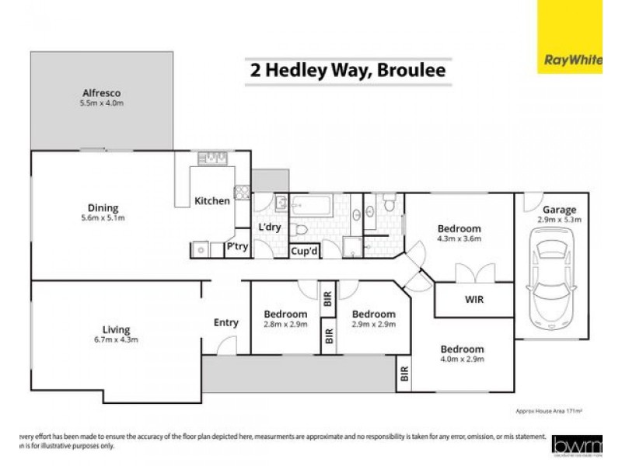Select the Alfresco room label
102,91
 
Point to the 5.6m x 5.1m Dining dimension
103,218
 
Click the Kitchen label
211,201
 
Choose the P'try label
236,248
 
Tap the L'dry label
269,228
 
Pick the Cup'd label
302,251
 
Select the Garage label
559,210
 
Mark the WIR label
474,299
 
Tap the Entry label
226,323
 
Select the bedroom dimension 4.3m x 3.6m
459,239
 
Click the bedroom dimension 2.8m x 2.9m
285,324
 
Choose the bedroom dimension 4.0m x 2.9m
462,360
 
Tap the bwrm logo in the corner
575,444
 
